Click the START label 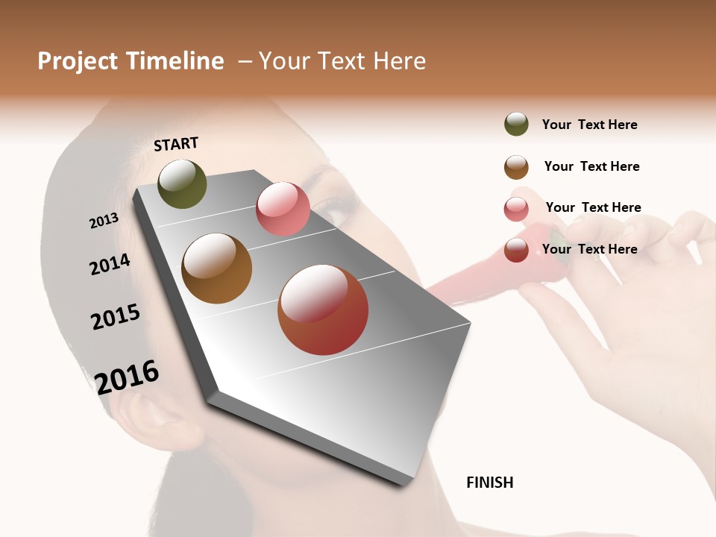tap(176, 144)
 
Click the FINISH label tap(489, 483)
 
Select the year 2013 tap(104, 221)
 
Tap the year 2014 tap(110, 265)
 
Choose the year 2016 tap(127, 377)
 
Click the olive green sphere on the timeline tap(182, 184)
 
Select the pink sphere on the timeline tap(283, 209)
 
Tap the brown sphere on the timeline tap(217, 268)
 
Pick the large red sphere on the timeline tap(323, 310)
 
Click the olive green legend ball tap(516, 125)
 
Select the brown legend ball tap(516, 167)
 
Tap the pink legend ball tap(516, 209)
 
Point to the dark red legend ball tap(516, 250)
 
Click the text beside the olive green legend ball tap(589, 125)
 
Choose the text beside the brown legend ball tap(591, 167)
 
